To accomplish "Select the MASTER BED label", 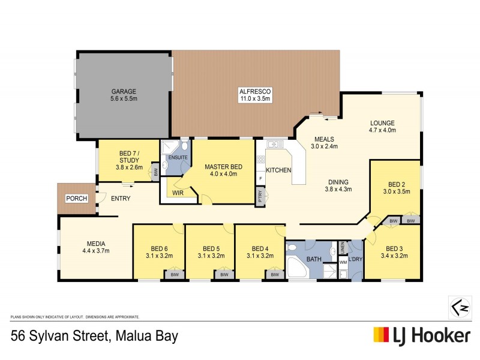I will tap(223, 166).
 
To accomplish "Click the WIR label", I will tap(178, 193).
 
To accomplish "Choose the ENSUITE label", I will tap(178, 157).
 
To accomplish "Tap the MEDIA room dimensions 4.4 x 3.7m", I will tap(97, 251).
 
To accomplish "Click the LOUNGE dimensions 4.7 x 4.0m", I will tap(382, 130).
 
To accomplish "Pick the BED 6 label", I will tap(159, 248).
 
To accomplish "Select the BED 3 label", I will tap(395, 248).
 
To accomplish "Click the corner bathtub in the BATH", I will tap(296, 269).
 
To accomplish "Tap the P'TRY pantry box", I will tap(260, 197).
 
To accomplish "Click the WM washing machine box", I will tap(343, 262).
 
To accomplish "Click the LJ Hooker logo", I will tap(422, 335).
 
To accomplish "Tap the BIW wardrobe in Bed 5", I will tap(224, 275).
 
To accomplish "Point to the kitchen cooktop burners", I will tap(261, 160).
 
